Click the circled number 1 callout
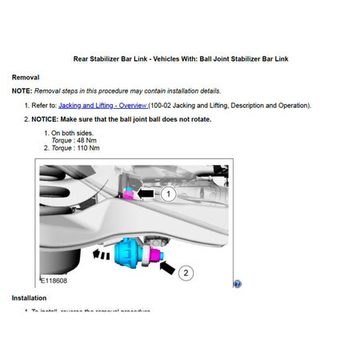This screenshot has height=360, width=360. coord(167,193)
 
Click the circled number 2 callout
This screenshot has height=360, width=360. coord(186,272)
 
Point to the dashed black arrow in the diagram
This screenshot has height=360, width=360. coord(102,255)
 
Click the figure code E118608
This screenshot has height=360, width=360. coord(54,282)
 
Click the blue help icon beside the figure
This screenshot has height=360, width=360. coord(238,283)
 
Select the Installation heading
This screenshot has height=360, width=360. coord(29,298)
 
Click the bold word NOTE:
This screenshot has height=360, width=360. coord(22,91)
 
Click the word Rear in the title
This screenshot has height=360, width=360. coord(82,58)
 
